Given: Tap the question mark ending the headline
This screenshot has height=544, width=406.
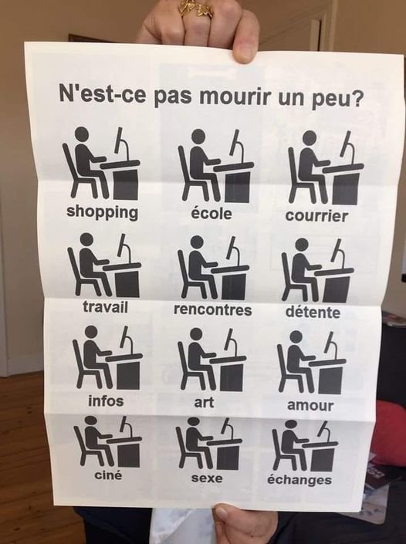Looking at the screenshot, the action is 357,99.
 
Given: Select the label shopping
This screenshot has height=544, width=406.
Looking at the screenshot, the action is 102,212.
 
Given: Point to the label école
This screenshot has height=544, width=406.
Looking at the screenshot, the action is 211,213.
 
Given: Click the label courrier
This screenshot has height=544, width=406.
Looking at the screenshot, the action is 316,215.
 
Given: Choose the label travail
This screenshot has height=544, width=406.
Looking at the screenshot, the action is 105,307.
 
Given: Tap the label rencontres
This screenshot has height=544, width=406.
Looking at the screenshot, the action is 213,309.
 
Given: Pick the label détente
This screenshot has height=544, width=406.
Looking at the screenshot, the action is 313,312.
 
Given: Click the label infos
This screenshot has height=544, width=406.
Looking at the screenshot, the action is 106,401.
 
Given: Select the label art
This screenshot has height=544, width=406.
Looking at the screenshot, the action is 204,403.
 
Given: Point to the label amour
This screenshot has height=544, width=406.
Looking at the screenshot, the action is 310,405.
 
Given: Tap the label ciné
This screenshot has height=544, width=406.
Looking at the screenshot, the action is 108,475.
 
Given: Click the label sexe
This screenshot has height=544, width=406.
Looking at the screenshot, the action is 207,478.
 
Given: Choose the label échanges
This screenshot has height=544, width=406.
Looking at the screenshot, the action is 299,479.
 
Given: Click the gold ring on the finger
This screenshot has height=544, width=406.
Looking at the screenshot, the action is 196,8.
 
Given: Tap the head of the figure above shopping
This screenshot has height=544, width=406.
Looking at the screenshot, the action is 82,133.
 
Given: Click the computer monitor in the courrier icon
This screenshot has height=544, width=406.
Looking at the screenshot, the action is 348,145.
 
